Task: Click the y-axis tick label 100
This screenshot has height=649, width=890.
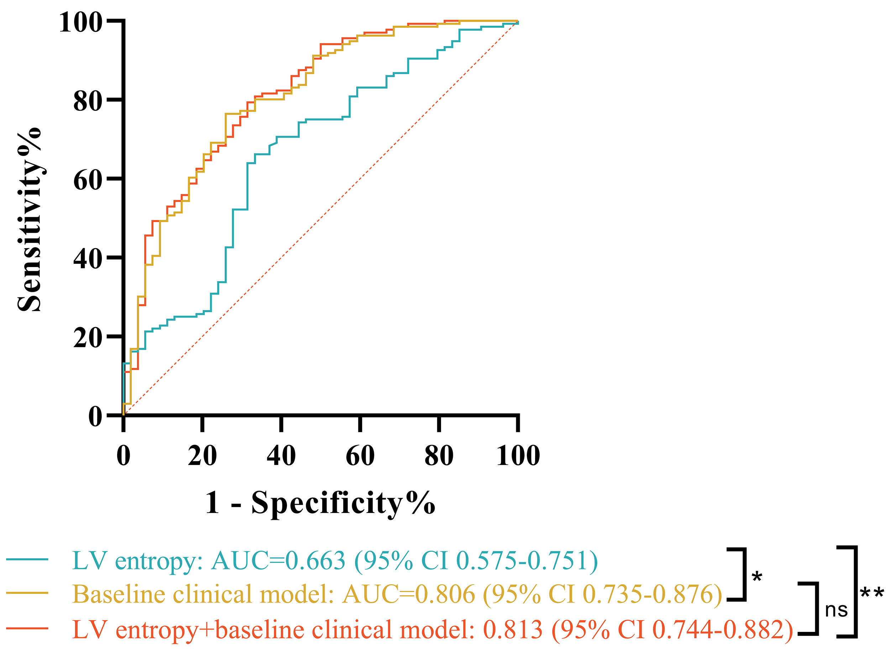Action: (81, 22)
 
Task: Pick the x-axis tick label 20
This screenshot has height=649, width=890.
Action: (202, 456)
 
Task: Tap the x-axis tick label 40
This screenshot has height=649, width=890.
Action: (281, 456)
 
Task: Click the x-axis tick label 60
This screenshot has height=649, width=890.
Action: (360, 456)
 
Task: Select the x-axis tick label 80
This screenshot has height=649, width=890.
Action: (439, 456)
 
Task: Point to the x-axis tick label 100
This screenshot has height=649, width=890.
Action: (518, 456)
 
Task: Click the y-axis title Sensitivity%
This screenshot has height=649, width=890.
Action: (30, 220)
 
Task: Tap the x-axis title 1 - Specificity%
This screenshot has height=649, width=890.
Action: (320, 503)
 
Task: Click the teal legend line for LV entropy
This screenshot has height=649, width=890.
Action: (27, 559)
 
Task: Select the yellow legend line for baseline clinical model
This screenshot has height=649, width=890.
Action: (27, 593)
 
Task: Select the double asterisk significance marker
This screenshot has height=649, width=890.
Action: (872, 593)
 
